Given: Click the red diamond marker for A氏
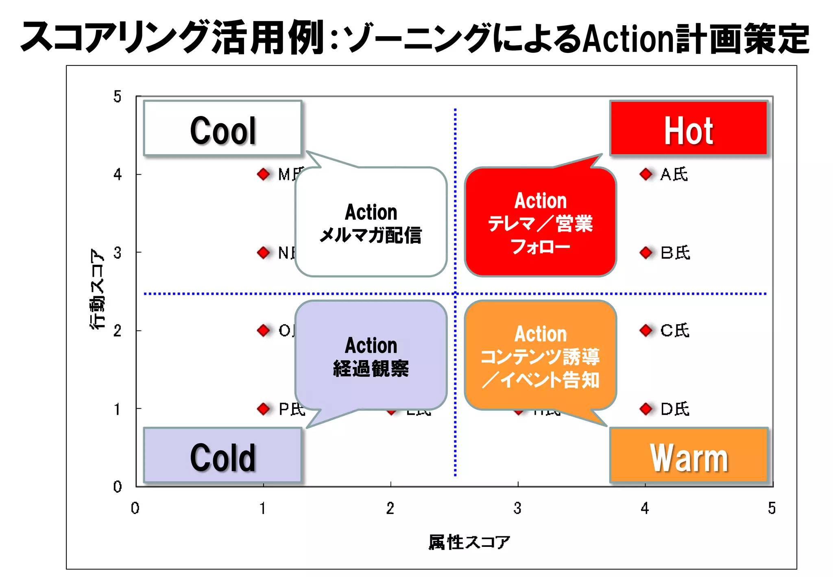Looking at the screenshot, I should click(645, 174).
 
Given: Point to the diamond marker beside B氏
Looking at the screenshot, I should click(645, 253).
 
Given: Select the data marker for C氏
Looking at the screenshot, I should click(645, 330).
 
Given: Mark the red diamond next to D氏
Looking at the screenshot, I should click(645, 409).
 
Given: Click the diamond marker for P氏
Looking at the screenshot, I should click(264, 409).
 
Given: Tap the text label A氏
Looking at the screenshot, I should click(674, 175).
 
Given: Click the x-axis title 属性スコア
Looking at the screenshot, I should click(469, 542).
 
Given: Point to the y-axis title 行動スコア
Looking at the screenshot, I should click(97, 289).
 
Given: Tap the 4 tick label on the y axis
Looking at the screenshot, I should click(118, 175).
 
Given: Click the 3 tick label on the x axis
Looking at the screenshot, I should click(517, 508).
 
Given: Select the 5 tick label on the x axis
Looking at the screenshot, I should click(772, 508).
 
